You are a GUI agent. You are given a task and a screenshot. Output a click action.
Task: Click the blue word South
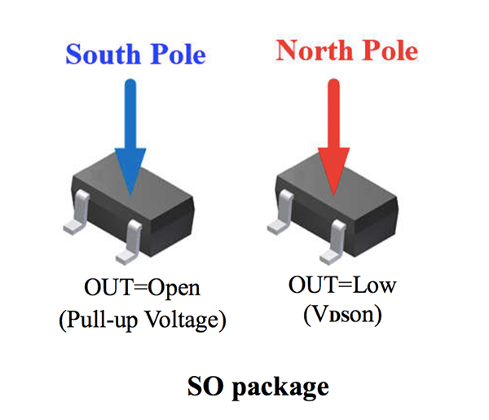tap(100, 55)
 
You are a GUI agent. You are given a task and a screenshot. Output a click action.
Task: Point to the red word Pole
tap(386, 51)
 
